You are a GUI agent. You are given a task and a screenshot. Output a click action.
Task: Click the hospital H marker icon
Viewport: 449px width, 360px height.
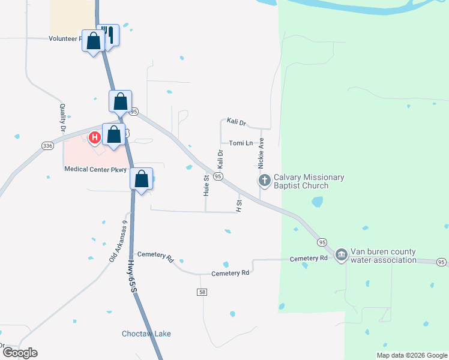(x=94, y=138)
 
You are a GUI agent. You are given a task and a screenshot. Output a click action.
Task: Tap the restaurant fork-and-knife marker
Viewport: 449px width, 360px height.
(x=108, y=35)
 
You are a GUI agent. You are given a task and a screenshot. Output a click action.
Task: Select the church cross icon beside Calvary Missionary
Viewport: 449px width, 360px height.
(x=264, y=179)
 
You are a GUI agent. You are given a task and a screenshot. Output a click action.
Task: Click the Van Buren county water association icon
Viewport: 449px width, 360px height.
(x=341, y=255)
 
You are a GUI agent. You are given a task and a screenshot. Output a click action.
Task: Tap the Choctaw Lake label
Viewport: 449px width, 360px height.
(x=146, y=334)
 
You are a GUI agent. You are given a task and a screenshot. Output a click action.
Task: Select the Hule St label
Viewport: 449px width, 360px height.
(x=206, y=186)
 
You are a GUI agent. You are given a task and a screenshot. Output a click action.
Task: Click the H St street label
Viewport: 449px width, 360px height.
(x=239, y=206)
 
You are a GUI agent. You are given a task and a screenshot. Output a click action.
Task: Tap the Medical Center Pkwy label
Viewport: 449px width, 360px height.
(x=95, y=170)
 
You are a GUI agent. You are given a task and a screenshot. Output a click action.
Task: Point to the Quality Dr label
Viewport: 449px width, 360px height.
(x=62, y=118)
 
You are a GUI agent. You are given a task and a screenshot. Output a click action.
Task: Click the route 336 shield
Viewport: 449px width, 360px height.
(x=47, y=146)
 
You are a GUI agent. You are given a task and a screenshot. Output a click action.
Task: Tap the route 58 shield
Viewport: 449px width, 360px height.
(x=201, y=292)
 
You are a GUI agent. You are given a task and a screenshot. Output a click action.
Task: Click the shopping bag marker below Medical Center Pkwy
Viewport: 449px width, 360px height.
(x=141, y=179)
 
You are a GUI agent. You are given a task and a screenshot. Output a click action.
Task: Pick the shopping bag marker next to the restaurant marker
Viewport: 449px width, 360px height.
(x=93, y=41)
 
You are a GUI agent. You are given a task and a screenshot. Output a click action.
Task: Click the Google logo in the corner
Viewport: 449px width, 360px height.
(x=19, y=353)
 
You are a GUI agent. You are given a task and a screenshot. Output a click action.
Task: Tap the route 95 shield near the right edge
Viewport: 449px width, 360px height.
(x=441, y=262)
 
